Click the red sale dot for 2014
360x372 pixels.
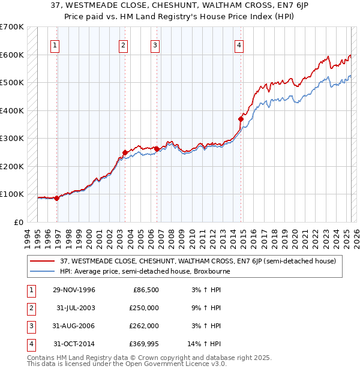[241, 119]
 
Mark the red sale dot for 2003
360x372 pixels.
[125, 152]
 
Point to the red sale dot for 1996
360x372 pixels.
[57, 198]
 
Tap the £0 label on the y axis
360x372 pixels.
[18, 222]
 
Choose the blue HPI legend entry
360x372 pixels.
[145, 271]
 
